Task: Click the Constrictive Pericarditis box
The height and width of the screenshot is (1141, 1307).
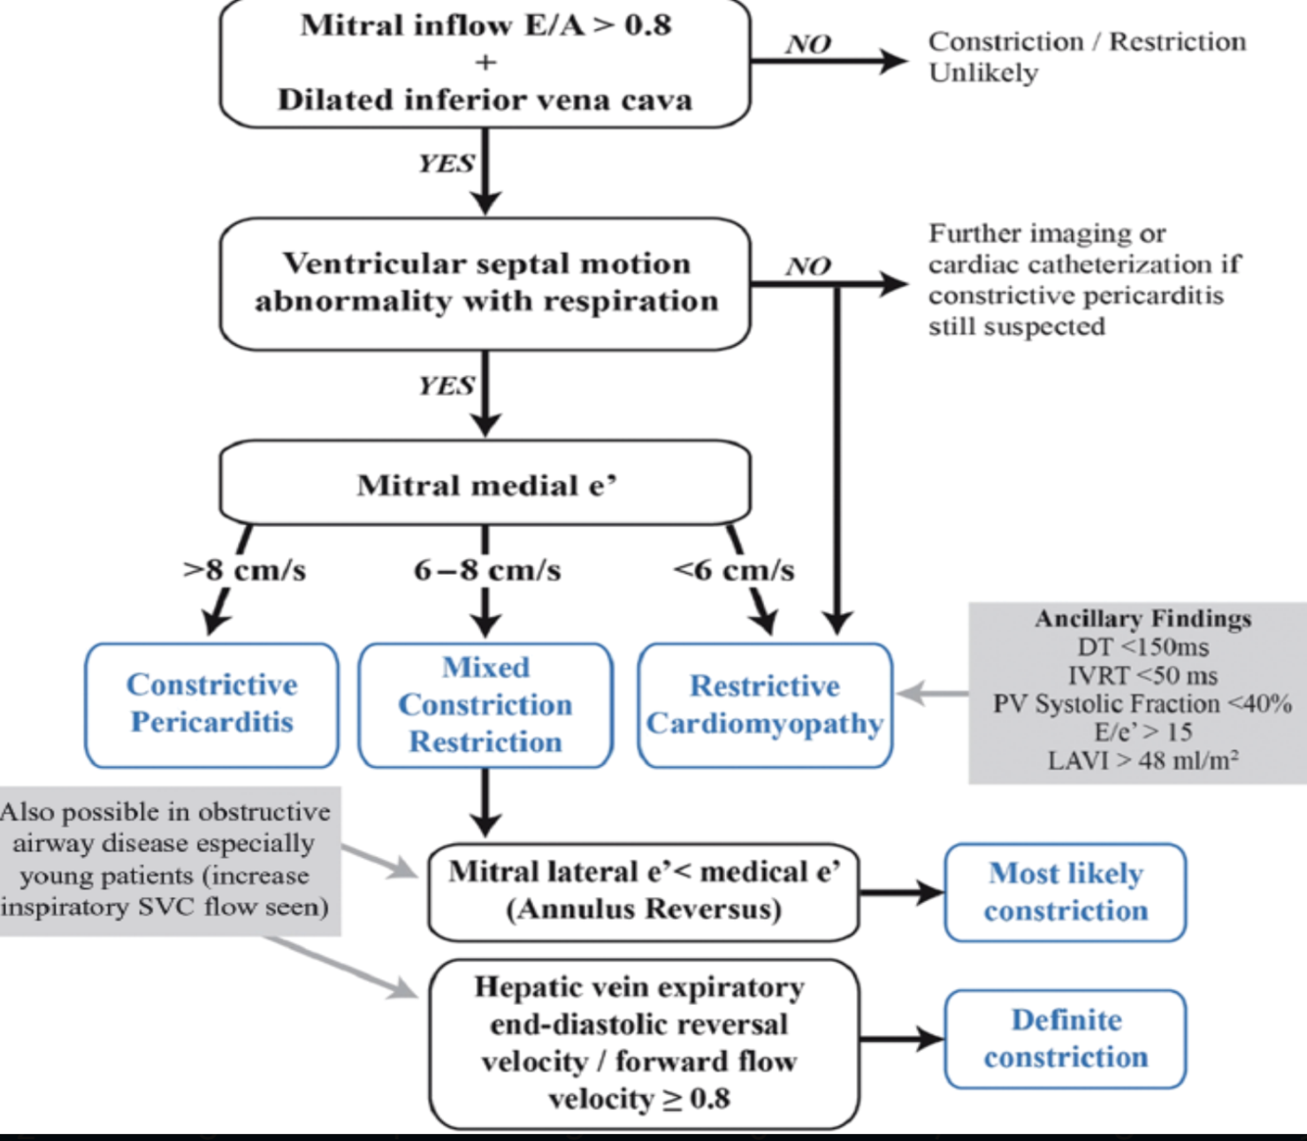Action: (212, 705)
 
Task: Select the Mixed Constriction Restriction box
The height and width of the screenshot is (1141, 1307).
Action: (486, 705)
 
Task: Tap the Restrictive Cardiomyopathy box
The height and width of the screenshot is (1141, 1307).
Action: (764, 705)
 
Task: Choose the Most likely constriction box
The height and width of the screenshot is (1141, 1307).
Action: (1066, 892)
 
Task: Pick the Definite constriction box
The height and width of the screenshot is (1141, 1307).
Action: (1066, 1039)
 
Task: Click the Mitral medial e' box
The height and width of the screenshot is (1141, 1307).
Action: (486, 483)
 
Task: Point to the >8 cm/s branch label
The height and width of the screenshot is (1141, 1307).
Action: (245, 570)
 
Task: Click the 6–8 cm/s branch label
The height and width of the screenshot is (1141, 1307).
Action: (487, 570)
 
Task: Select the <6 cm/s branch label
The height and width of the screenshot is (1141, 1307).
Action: (734, 570)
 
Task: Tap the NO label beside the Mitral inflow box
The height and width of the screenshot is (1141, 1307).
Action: (808, 44)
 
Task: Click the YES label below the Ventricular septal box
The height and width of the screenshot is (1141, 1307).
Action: (447, 386)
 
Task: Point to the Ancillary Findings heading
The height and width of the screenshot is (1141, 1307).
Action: (1142, 619)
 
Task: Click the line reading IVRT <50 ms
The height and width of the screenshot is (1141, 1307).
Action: (1142, 675)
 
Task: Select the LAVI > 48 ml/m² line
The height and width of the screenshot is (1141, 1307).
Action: (1142, 760)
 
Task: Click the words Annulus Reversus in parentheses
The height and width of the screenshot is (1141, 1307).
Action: (644, 909)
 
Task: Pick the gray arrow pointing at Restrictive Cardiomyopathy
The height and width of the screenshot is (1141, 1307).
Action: (933, 693)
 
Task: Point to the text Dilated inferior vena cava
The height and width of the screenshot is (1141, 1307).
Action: (486, 100)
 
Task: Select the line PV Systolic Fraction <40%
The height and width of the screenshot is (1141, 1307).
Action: (1142, 703)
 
